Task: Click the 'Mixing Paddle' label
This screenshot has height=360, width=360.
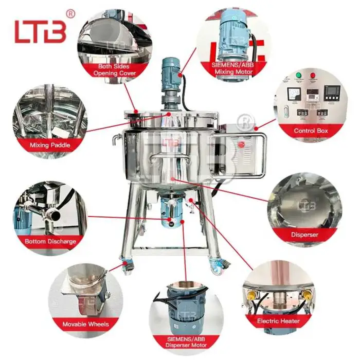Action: coord(50,146)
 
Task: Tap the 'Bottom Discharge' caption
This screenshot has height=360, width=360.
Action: coord(50,241)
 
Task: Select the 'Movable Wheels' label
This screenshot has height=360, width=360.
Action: coord(85,325)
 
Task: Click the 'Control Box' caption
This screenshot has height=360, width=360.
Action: coord(311,131)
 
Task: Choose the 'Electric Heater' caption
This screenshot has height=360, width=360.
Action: coord(278,321)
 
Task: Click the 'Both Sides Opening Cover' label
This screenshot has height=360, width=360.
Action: coord(114,70)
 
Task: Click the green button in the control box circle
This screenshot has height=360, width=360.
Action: coord(299,76)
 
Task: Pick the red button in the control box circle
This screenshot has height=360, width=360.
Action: coord(312,76)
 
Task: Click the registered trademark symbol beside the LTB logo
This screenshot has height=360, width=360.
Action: coord(71,13)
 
